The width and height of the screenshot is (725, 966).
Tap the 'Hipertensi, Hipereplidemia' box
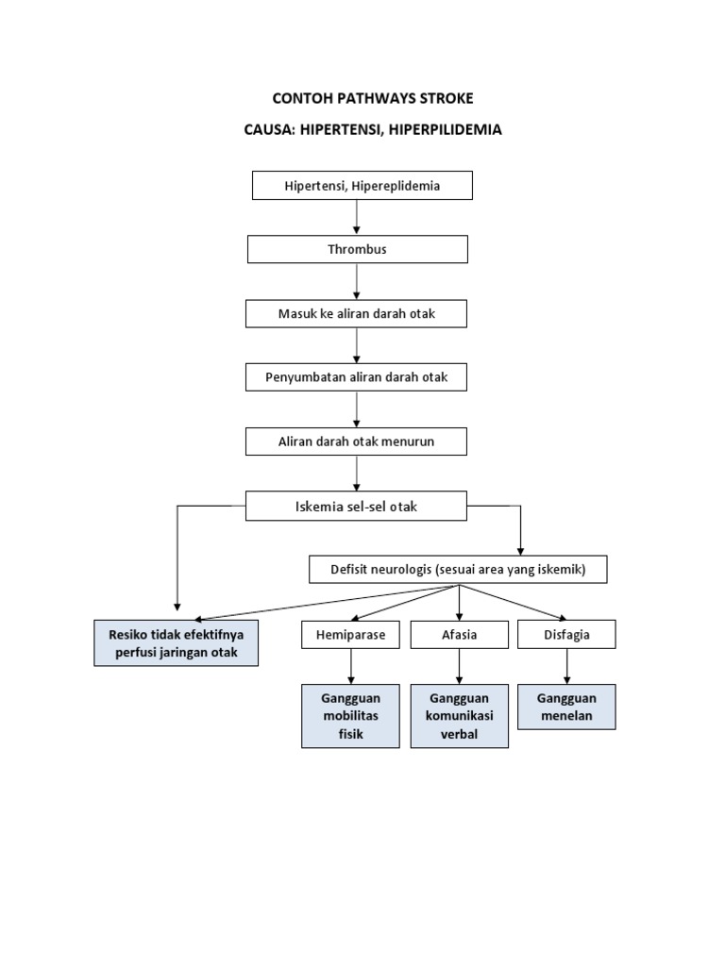pyautogui.click(x=362, y=186)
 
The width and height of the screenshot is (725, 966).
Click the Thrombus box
pyautogui.click(x=357, y=250)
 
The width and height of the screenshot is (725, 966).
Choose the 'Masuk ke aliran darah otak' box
pyautogui.click(x=356, y=314)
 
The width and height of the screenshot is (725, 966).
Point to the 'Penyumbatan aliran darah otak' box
pyautogui.click(x=356, y=377)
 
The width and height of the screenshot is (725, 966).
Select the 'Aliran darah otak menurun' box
pyautogui.click(x=356, y=441)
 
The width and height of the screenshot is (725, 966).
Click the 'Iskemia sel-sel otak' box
pyautogui.click(x=356, y=507)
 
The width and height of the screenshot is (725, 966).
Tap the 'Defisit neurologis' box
pyautogui.click(x=458, y=570)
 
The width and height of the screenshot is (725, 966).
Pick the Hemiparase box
pyautogui.click(x=350, y=635)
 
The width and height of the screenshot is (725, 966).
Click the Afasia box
pyautogui.click(x=459, y=635)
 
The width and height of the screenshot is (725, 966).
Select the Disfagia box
pyautogui.click(x=566, y=635)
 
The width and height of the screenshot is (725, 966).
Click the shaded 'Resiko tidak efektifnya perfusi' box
pyautogui.click(x=177, y=643)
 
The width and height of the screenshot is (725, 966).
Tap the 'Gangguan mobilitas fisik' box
pyautogui.click(x=350, y=716)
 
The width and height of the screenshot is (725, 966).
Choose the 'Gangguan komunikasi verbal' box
pyautogui.click(x=459, y=716)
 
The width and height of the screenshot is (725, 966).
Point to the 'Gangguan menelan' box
pyautogui.click(x=566, y=707)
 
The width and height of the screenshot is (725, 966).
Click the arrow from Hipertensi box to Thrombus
pyautogui.click(x=357, y=218)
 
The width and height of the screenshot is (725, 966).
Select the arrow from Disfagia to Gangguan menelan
pyautogui.click(x=567, y=666)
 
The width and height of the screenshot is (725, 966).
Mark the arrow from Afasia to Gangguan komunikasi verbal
pyautogui.click(x=459, y=666)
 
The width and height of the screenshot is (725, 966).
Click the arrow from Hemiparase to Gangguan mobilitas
pyautogui.click(x=350, y=666)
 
